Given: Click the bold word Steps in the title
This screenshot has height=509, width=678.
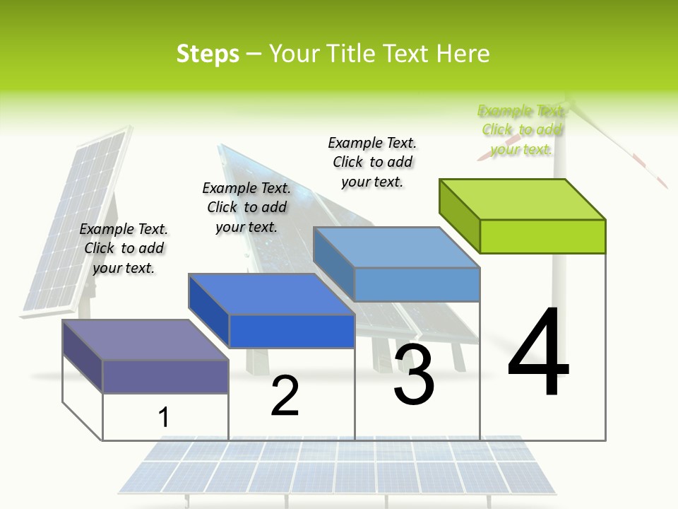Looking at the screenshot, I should pyautogui.click(x=208, y=54).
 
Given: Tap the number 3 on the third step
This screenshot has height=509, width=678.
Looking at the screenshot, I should pyautogui.click(x=414, y=375).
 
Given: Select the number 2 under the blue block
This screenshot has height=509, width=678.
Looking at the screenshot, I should pyautogui.click(x=285, y=396).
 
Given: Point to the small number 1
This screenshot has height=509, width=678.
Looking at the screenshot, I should pyautogui.click(x=163, y=417).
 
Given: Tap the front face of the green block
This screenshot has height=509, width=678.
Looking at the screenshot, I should pyautogui.click(x=542, y=236).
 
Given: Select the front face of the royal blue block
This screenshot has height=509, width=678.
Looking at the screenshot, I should pyautogui.click(x=292, y=331).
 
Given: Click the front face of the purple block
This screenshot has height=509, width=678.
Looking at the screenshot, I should pyautogui.click(x=165, y=376).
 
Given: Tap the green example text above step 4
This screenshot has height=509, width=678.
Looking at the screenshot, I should pyautogui.click(x=521, y=130).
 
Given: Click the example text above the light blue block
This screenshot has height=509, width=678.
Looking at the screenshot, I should pyautogui.click(x=372, y=162).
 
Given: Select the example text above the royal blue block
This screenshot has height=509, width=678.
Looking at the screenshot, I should pyautogui.click(x=246, y=207).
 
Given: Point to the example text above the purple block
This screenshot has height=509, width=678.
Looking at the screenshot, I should pyautogui.click(x=124, y=248).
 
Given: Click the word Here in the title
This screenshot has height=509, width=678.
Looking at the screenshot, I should pyautogui.click(x=463, y=54).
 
